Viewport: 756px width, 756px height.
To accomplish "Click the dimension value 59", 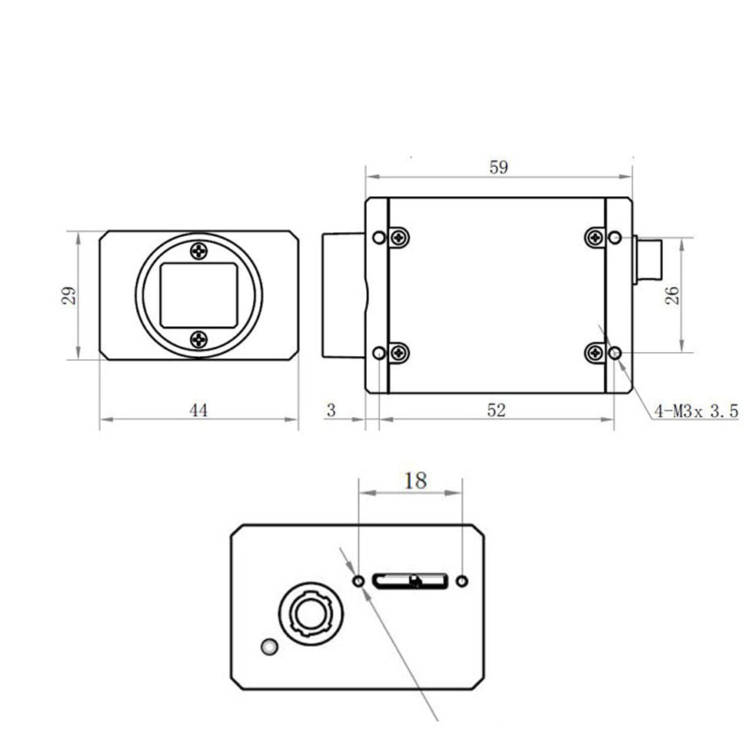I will click(498, 168).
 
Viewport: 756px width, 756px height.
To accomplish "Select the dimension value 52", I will click(497, 411).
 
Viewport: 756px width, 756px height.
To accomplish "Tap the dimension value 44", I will click(198, 411).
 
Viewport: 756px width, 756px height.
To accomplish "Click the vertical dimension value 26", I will click(671, 295).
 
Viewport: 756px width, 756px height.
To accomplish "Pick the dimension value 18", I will click(415, 481).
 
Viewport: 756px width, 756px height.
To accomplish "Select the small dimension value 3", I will click(331, 411).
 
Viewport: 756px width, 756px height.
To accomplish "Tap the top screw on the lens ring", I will click(198, 250).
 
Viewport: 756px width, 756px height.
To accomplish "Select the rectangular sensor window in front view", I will click(198, 294).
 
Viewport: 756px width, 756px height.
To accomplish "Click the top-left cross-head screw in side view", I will click(399, 238).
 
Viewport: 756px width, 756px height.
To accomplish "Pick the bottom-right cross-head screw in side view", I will click(594, 353).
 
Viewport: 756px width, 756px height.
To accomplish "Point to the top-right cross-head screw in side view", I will click(594, 238).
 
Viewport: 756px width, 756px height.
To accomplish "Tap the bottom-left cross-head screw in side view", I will click(399, 353).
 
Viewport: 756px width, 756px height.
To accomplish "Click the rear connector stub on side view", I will click(648, 261).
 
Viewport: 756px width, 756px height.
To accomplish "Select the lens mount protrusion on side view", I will click(342, 295).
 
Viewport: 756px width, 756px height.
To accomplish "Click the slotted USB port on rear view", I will click(410, 581).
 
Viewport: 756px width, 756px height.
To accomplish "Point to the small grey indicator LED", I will click(269, 648).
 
